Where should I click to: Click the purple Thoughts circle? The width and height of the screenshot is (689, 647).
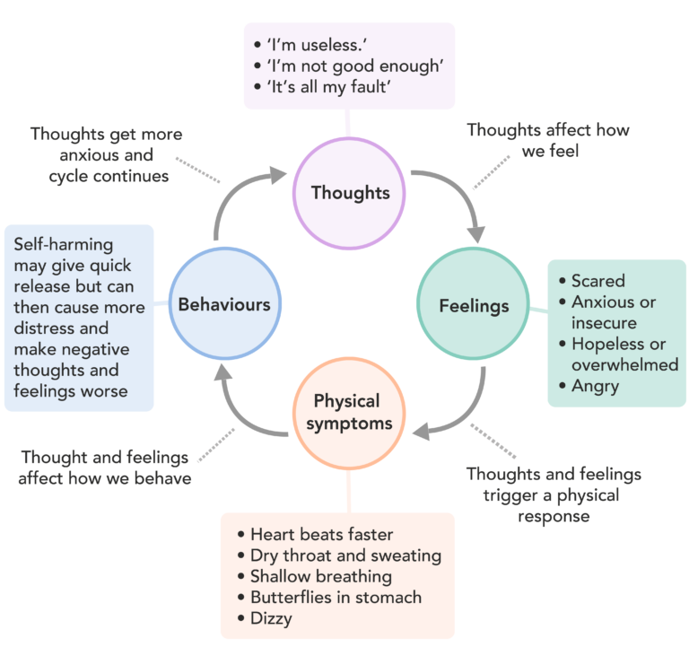click(350, 191)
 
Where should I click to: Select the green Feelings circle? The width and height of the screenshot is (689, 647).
click(474, 305)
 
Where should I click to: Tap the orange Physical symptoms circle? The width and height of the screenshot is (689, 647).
click(346, 413)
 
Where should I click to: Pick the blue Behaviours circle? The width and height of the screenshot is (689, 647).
click(223, 304)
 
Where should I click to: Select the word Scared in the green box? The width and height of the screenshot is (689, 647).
click(597, 281)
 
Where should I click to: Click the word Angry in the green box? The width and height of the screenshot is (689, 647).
click(596, 386)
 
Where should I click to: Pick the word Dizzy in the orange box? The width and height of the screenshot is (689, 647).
click(271, 618)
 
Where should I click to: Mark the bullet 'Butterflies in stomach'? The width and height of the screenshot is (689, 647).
click(336, 597)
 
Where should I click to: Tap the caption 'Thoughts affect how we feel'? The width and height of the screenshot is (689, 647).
click(548, 140)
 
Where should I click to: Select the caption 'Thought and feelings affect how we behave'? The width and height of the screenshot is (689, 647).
click(105, 467)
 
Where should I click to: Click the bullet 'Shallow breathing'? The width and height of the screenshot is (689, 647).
click(320, 576)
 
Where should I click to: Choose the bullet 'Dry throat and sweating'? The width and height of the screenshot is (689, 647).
click(345, 555)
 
